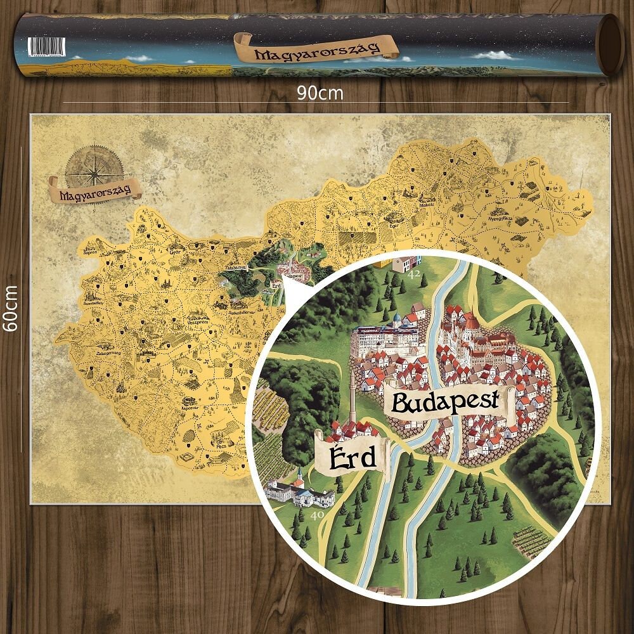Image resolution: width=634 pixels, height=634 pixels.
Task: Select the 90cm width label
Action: (320, 93)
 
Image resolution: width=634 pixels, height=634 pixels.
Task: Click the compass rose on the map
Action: (94, 167)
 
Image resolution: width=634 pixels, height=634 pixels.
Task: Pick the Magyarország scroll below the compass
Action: (94, 190)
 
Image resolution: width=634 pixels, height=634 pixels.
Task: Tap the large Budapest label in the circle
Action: (451, 404)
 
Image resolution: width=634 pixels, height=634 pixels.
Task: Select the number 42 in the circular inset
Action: (415, 275)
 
